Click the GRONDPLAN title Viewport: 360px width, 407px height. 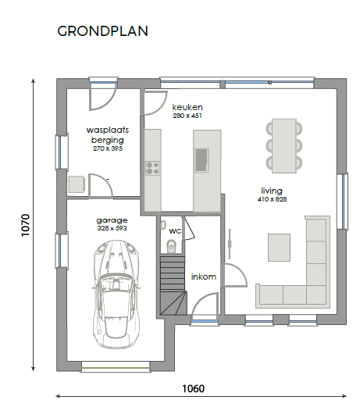click(x=102, y=31)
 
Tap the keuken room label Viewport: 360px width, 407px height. click(x=187, y=107)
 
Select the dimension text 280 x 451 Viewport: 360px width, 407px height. click(x=187, y=116)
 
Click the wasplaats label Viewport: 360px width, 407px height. click(x=108, y=130)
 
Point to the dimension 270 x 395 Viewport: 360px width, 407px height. click(x=108, y=148)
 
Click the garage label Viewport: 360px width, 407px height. click(x=112, y=220)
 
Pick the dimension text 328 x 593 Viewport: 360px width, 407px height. click(x=112, y=228)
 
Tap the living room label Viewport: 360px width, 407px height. click(x=272, y=191)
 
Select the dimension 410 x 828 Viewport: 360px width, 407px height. click(x=272, y=199)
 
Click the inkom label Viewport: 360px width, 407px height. click(x=204, y=277)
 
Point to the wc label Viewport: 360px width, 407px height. click(x=175, y=231)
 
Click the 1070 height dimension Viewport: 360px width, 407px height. click(x=26, y=225)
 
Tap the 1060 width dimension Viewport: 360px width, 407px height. click(x=193, y=388)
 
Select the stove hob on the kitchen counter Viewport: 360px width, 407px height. click(x=152, y=168)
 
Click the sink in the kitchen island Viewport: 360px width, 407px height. click(x=201, y=160)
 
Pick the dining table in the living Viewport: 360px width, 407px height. click(x=284, y=146)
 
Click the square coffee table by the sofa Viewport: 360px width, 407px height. click(x=279, y=248)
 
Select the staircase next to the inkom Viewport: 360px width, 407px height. click(x=173, y=286)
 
